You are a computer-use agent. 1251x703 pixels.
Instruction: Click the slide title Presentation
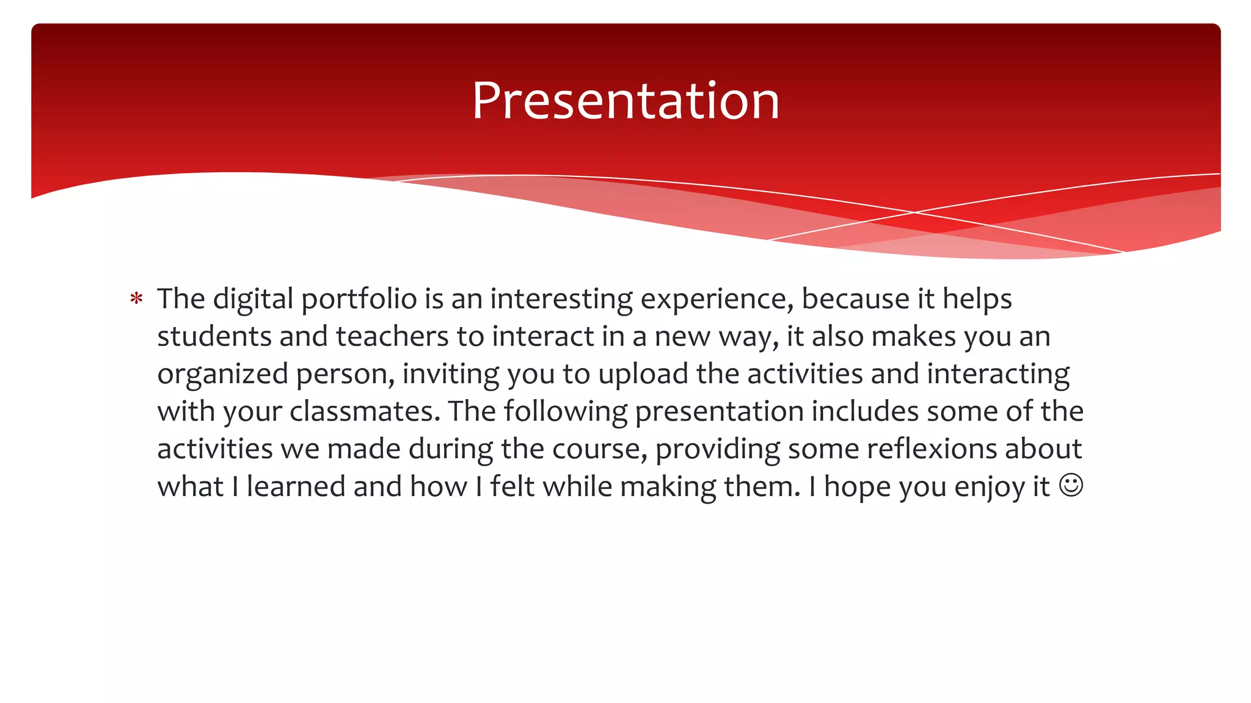625,101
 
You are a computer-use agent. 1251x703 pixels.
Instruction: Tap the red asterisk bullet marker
136,299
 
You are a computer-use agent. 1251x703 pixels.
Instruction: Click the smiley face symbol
1071,485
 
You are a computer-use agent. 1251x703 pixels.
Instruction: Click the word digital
253,299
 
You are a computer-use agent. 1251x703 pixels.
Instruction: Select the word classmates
365,411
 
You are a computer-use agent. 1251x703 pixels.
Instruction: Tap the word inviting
450,374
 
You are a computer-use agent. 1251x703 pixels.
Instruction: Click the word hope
857,487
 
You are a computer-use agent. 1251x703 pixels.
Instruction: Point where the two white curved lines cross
914,212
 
